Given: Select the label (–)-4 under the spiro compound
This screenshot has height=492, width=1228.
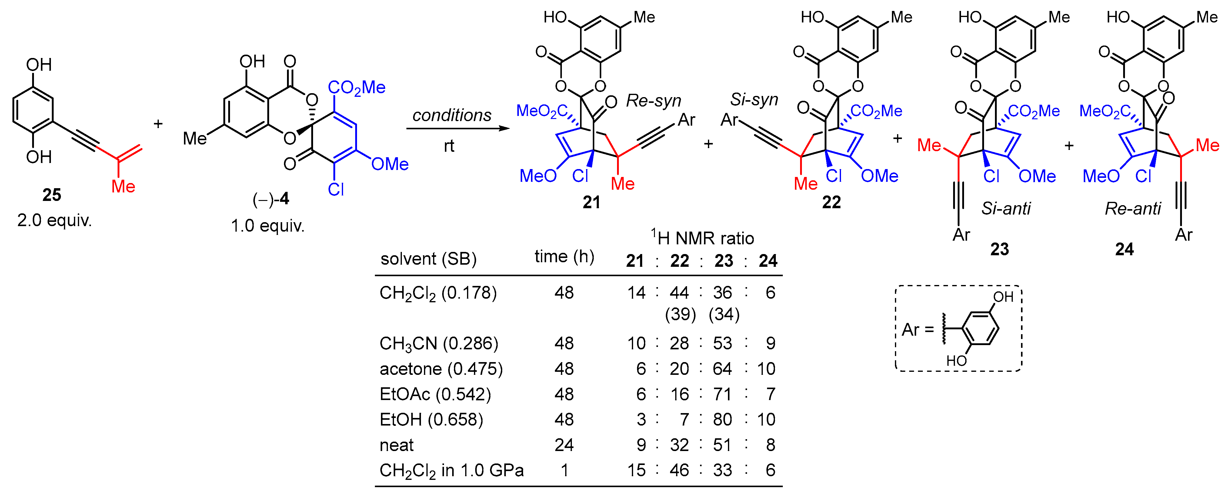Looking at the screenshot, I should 271,198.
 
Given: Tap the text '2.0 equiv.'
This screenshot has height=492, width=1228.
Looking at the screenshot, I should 54,220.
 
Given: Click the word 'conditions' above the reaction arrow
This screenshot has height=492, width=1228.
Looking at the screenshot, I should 452,115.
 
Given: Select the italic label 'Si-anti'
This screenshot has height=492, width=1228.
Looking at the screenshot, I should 1006,209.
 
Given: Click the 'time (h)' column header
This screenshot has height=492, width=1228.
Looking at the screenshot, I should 564,257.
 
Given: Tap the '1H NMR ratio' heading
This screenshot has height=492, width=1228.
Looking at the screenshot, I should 703,238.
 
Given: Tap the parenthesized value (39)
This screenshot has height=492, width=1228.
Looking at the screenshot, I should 680,314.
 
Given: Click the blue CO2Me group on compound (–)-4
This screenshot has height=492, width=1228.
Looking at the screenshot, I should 357,87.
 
